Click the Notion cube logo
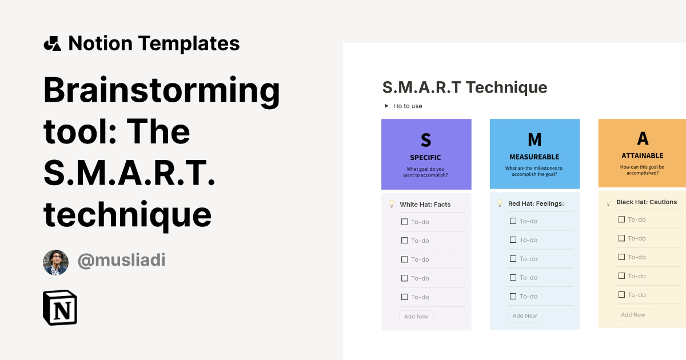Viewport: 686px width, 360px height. click(x=60, y=307)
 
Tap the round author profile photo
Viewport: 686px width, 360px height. click(x=55, y=262)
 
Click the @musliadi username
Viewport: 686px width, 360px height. click(x=121, y=261)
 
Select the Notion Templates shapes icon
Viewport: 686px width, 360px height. click(x=52, y=43)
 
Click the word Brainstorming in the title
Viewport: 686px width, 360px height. click(x=162, y=90)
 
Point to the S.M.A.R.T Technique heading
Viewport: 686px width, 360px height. click(x=464, y=87)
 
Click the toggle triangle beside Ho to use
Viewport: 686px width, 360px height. click(x=386, y=106)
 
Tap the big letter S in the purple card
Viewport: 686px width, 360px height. click(x=426, y=139)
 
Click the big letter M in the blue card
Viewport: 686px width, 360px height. click(x=534, y=139)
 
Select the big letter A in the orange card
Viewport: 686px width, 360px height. click(x=643, y=138)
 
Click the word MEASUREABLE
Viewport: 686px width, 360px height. click(x=534, y=157)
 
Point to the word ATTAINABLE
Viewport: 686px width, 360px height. click(x=643, y=155)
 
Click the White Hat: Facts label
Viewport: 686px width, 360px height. click(x=425, y=205)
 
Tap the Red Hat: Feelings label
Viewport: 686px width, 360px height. click(x=536, y=203)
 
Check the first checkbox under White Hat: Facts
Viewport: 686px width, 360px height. click(x=405, y=222)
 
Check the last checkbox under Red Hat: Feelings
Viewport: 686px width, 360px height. click(x=513, y=297)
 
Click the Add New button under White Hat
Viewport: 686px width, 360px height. click(x=416, y=317)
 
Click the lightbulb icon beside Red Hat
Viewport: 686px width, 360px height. click(x=500, y=203)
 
